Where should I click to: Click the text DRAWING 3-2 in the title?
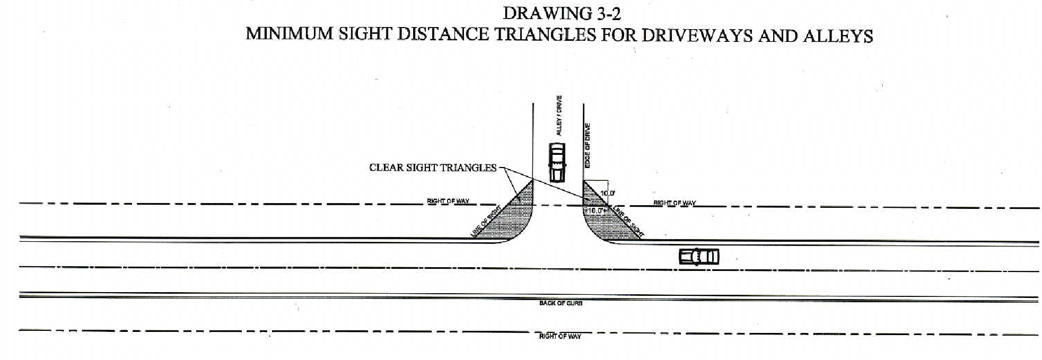tap(561, 13)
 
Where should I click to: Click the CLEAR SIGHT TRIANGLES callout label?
tap(433, 168)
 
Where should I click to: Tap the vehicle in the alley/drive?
tap(557, 162)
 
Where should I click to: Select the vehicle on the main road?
tap(699, 257)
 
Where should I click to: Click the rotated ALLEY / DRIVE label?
tap(559, 116)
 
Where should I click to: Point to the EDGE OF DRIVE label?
tap(588, 146)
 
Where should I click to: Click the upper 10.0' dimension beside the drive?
tap(608, 194)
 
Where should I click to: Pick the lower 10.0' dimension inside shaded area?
tap(596, 210)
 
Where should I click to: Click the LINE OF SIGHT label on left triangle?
tap(486, 221)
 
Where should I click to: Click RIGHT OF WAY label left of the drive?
tap(448, 201)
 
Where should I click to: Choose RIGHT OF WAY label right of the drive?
tap(675, 203)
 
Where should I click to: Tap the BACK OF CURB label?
tap(561, 303)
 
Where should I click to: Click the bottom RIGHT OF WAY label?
tap(560, 337)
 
